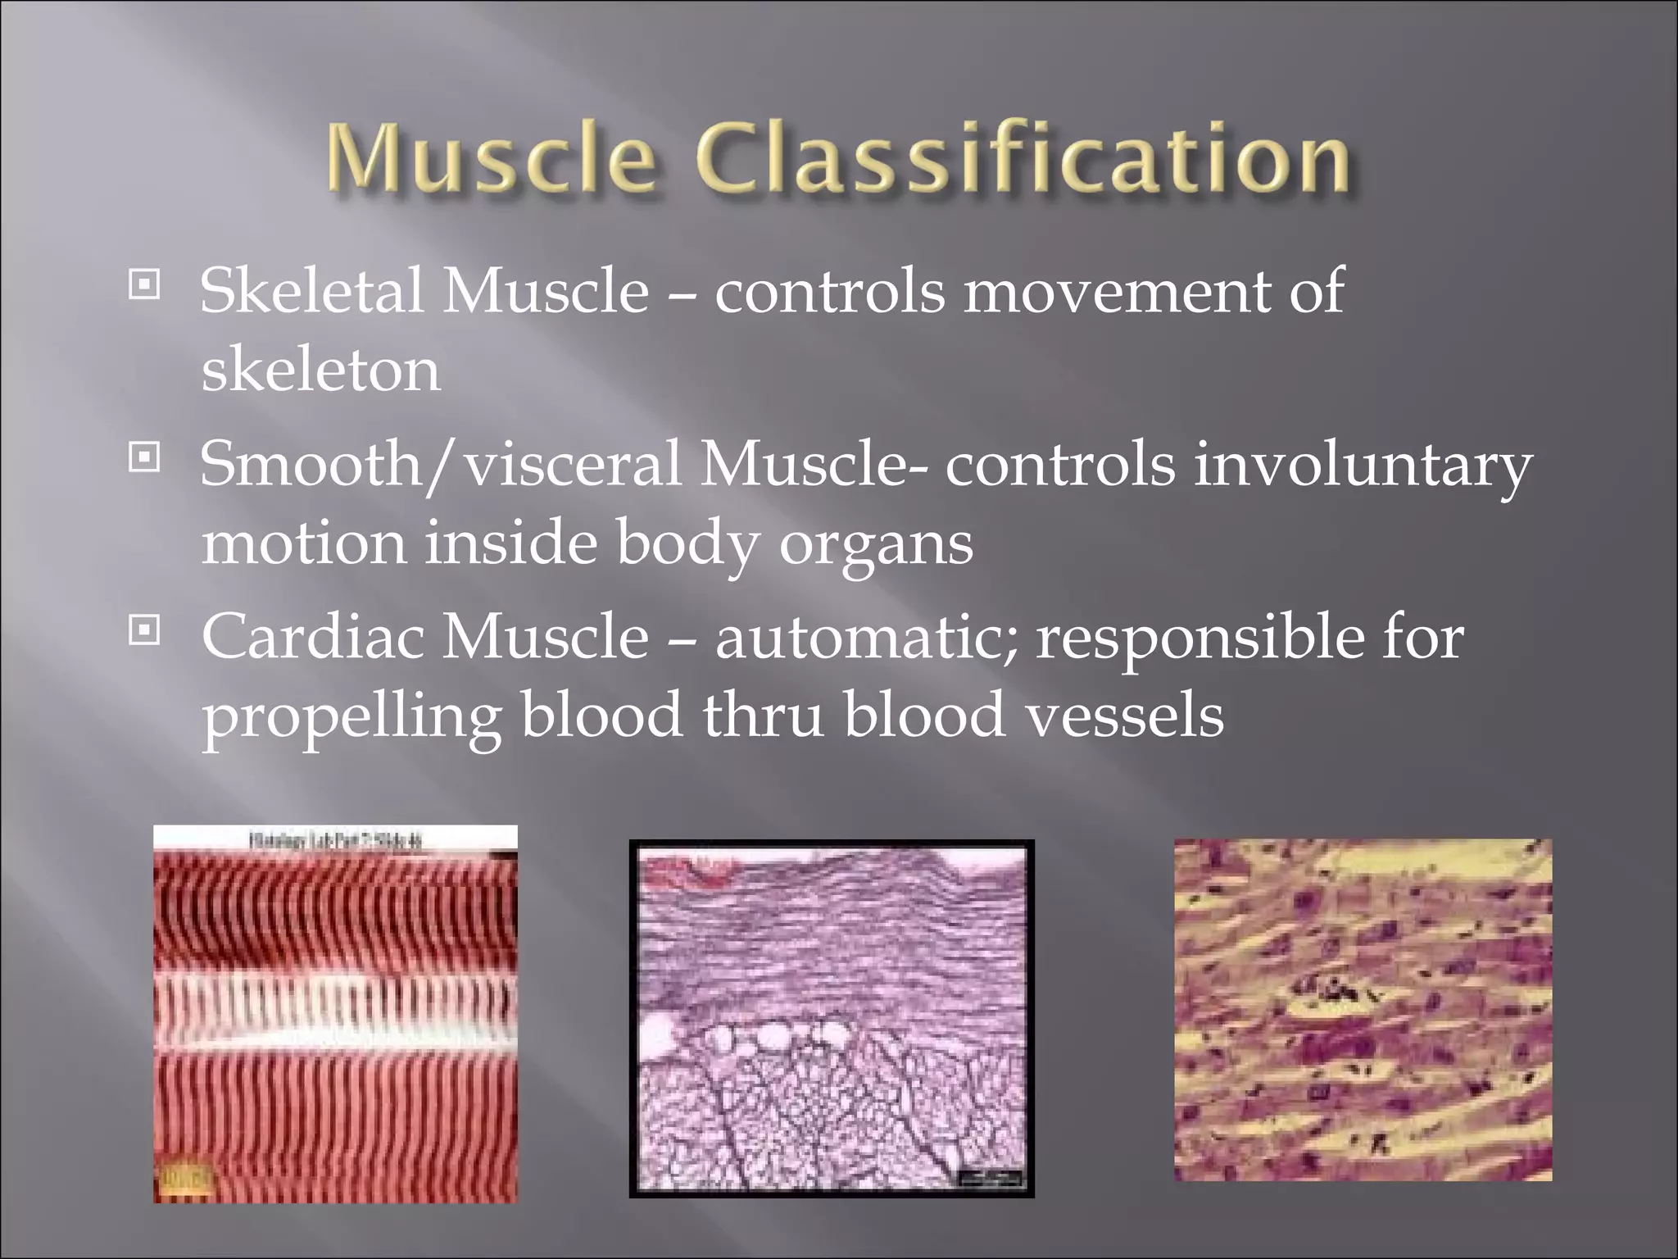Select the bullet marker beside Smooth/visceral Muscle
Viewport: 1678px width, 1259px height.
145,459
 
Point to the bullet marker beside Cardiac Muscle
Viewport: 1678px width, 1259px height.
145,631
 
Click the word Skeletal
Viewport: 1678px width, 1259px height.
312,290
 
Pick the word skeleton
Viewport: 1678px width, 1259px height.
320,370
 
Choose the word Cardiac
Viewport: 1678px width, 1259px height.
312,636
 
